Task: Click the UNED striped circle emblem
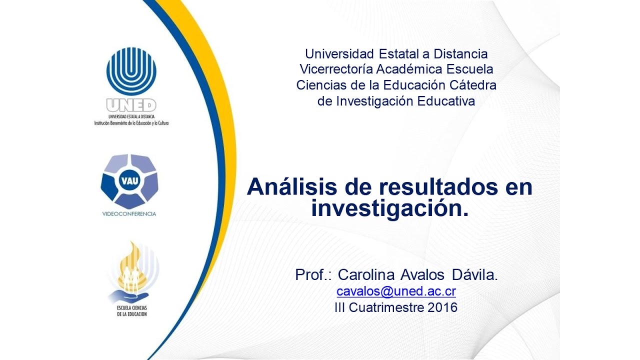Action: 131,71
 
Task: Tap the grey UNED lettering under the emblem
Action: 131,105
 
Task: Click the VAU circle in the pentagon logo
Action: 129,180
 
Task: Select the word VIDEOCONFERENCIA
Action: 129,214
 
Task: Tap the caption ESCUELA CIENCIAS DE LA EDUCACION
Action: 132,311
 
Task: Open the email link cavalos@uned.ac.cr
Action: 396,291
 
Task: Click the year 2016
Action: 442,307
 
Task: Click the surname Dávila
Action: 475,274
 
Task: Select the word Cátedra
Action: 473,85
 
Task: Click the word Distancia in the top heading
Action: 460,53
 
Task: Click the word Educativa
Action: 446,101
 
